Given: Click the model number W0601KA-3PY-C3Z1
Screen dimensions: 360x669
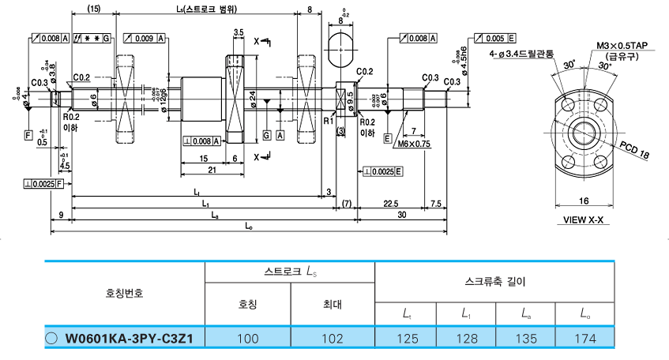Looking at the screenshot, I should coord(130,339).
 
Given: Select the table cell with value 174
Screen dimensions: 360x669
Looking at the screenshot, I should coord(585,339).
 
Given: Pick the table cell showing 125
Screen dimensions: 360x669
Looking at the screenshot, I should coord(404,339).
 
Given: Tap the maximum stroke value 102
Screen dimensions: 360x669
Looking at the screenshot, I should coord(333,339).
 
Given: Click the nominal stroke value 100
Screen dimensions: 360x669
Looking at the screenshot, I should coord(248,339).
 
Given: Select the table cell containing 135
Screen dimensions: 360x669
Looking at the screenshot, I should coord(525,339).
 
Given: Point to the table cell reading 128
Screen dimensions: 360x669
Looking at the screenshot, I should coord(465,339).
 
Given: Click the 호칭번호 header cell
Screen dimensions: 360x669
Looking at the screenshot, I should coord(125,292).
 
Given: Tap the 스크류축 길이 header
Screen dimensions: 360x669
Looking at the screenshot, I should coord(494,280).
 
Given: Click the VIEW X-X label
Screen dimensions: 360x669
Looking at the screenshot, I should coord(584,220).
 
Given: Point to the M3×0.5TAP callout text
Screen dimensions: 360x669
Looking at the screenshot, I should coord(622,47).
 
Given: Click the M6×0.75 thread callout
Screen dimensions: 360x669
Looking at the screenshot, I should coord(415,144).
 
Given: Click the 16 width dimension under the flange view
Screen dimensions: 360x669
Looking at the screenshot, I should coord(583,201).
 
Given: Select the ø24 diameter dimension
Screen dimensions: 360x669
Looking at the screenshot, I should coord(252,97).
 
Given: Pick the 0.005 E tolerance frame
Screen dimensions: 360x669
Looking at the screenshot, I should coord(494,39).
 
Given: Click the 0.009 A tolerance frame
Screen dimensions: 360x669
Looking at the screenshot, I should coord(145,39).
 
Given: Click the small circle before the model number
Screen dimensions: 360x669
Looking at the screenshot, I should coord(52,339).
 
